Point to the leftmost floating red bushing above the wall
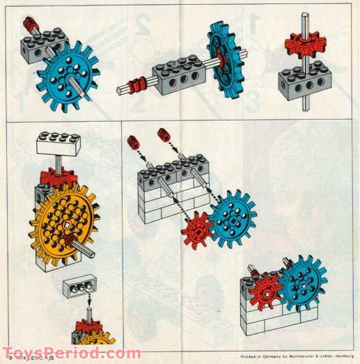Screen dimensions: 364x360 [132, 143]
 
